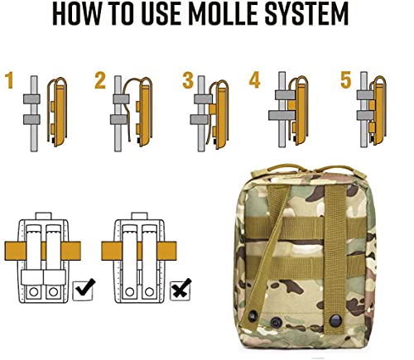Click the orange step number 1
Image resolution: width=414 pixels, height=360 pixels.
click(10, 81)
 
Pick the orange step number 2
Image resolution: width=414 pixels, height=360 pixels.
click(100, 81)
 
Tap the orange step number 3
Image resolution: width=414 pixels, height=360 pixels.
click(187, 81)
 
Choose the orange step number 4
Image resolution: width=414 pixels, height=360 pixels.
click(255, 81)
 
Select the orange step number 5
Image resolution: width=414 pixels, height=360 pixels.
click(345, 81)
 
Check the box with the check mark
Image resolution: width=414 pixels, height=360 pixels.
click(84, 290)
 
